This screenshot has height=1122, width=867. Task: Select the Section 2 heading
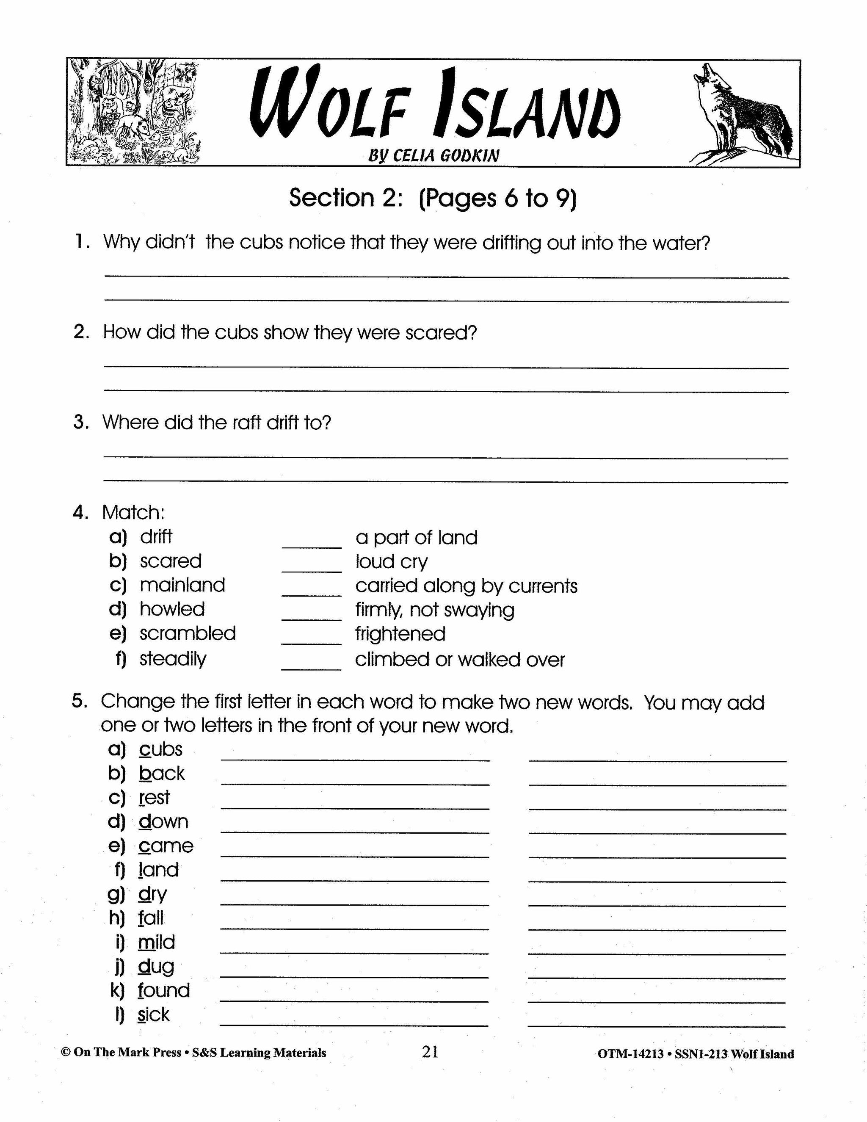(x=433, y=198)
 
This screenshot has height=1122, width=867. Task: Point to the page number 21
(x=430, y=1052)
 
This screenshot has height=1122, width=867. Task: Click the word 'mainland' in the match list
(x=182, y=585)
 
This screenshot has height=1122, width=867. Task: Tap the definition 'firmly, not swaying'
(x=434, y=610)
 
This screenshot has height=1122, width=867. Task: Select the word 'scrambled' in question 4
(x=188, y=633)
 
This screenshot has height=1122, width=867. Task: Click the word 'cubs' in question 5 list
(x=161, y=749)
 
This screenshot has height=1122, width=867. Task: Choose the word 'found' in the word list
(x=164, y=990)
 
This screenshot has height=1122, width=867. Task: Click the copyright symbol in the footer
(x=65, y=1053)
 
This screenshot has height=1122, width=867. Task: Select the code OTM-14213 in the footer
(x=630, y=1054)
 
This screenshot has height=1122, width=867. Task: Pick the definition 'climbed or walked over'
(x=460, y=660)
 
